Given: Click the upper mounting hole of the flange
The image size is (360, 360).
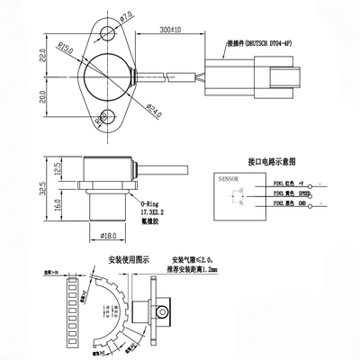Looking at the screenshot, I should (106, 35).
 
